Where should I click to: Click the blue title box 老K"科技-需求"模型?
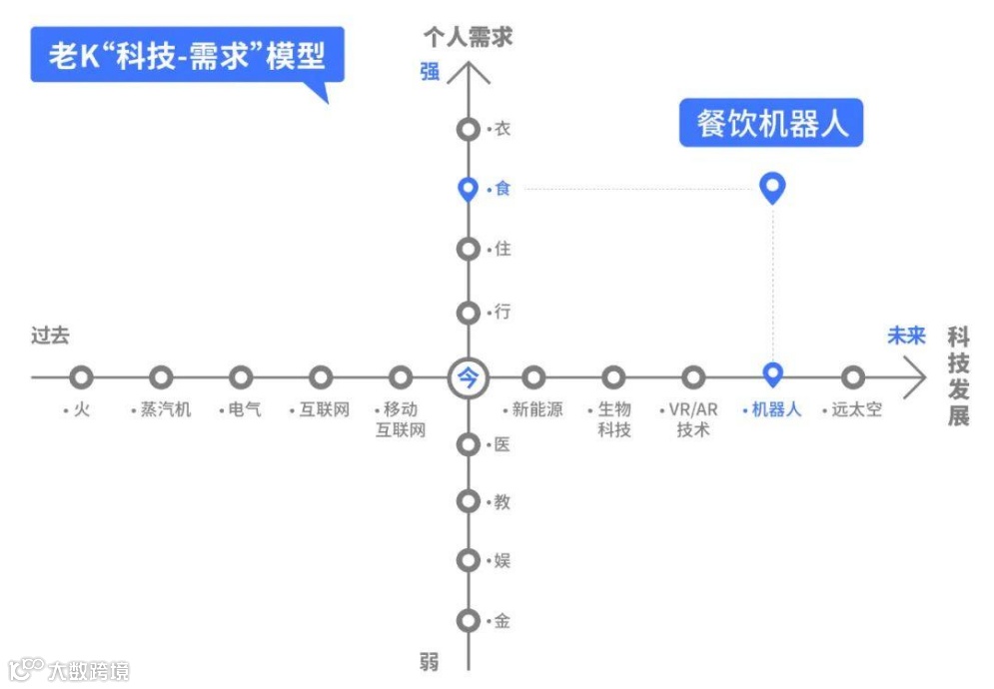(187, 54)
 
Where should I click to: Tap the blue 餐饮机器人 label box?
(770, 123)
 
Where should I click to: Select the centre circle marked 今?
(468, 377)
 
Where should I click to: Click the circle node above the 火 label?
(82, 377)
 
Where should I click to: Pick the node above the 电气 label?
(241, 377)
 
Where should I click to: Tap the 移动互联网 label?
(401, 419)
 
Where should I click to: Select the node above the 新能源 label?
(534, 377)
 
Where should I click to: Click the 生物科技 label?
(613, 419)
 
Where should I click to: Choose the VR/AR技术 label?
(692, 419)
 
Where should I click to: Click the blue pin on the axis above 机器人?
(772, 374)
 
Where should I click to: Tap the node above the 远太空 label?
(852, 377)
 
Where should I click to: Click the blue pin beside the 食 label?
(468, 189)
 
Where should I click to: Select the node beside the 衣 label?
(468, 130)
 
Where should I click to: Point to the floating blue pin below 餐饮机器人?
(772, 187)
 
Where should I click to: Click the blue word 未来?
(906, 337)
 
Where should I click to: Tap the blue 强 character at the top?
(430, 72)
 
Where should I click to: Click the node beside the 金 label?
(468, 620)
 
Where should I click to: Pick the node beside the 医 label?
(468, 444)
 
